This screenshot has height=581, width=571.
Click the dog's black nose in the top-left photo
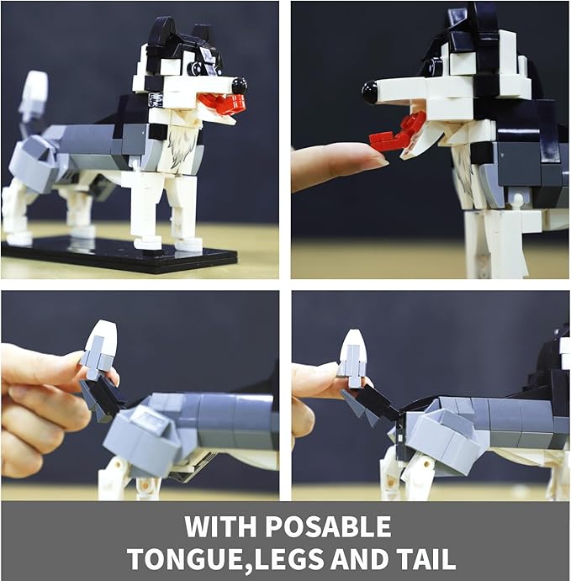click(239, 85)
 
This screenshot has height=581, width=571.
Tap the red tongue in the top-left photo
click(221, 102)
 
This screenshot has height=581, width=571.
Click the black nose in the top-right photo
click(370, 92)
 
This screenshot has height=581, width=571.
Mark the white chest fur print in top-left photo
click(182, 147)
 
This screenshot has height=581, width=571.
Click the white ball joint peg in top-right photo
click(517, 200)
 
